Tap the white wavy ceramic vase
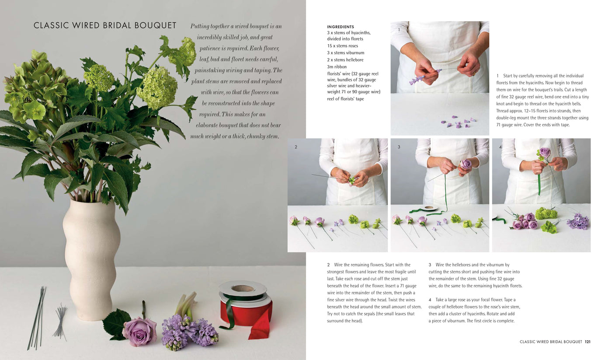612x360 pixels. pyautogui.click(x=91, y=258)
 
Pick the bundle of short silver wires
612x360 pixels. pyautogui.click(x=60, y=322)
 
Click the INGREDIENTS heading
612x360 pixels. pyautogui.click(x=341, y=27)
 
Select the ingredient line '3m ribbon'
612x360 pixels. pyautogui.click(x=338, y=67)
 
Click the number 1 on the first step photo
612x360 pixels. pyautogui.click(x=399, y=30)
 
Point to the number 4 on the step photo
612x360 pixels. pyautogui.click(x=500, y=147)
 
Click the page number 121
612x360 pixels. pyautogui.click(x=588, y=342)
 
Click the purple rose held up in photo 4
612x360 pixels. pyautogui.click(x=545, y=153)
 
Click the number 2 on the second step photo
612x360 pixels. pyautogui.click(x=296, y=147)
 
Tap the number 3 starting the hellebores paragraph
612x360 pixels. pyautogui.click(x=430, y=265)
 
